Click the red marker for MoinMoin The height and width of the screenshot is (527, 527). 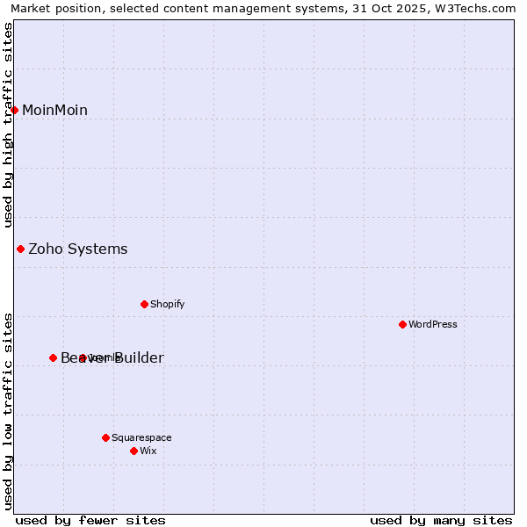(15, 110)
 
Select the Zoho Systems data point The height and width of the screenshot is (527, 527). (20, 249)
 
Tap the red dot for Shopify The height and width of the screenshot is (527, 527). (144, 304)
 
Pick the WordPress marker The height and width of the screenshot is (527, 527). (402, 324)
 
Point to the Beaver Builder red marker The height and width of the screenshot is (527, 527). (53, 357)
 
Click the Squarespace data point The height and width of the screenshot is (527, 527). (105, 437)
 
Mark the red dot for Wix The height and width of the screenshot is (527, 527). (134, 451)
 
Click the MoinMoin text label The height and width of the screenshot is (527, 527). (54, 110)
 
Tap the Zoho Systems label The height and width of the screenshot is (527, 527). (78, 249)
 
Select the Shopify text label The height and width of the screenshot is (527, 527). (167, 304)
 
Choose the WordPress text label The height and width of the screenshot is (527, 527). (433, 324)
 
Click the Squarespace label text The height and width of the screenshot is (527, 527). (141, 437)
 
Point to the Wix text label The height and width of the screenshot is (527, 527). (148, 451)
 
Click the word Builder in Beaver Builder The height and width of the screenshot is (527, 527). (136, 357)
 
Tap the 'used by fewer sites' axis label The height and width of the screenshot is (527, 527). (90, 520)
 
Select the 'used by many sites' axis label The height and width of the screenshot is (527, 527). (441, 520)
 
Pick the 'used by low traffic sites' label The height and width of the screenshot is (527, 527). (9, 410)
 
